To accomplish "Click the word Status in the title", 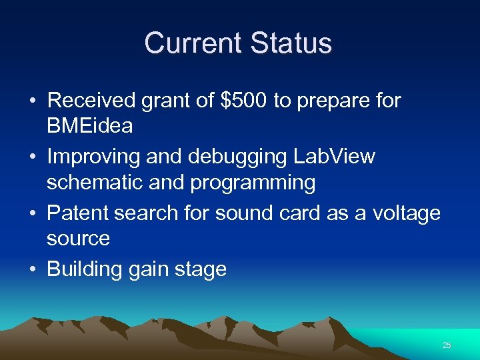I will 291,43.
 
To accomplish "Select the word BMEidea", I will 89,126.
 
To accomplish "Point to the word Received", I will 91,101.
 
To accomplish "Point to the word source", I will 77,239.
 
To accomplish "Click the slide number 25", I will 447,345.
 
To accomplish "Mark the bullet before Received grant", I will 32,101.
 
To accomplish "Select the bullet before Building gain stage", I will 32,269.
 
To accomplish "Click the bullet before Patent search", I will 32,213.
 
